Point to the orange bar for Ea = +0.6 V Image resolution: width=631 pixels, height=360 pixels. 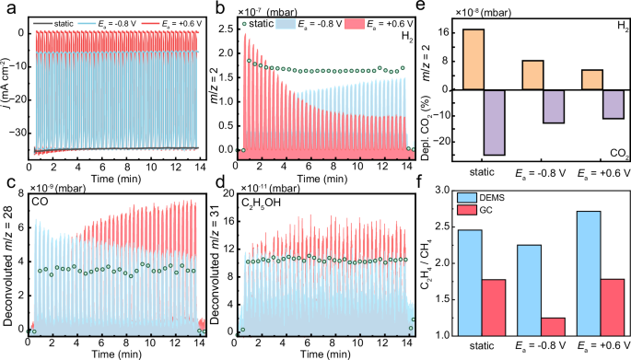pyautogui.click(x=592, y=79)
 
